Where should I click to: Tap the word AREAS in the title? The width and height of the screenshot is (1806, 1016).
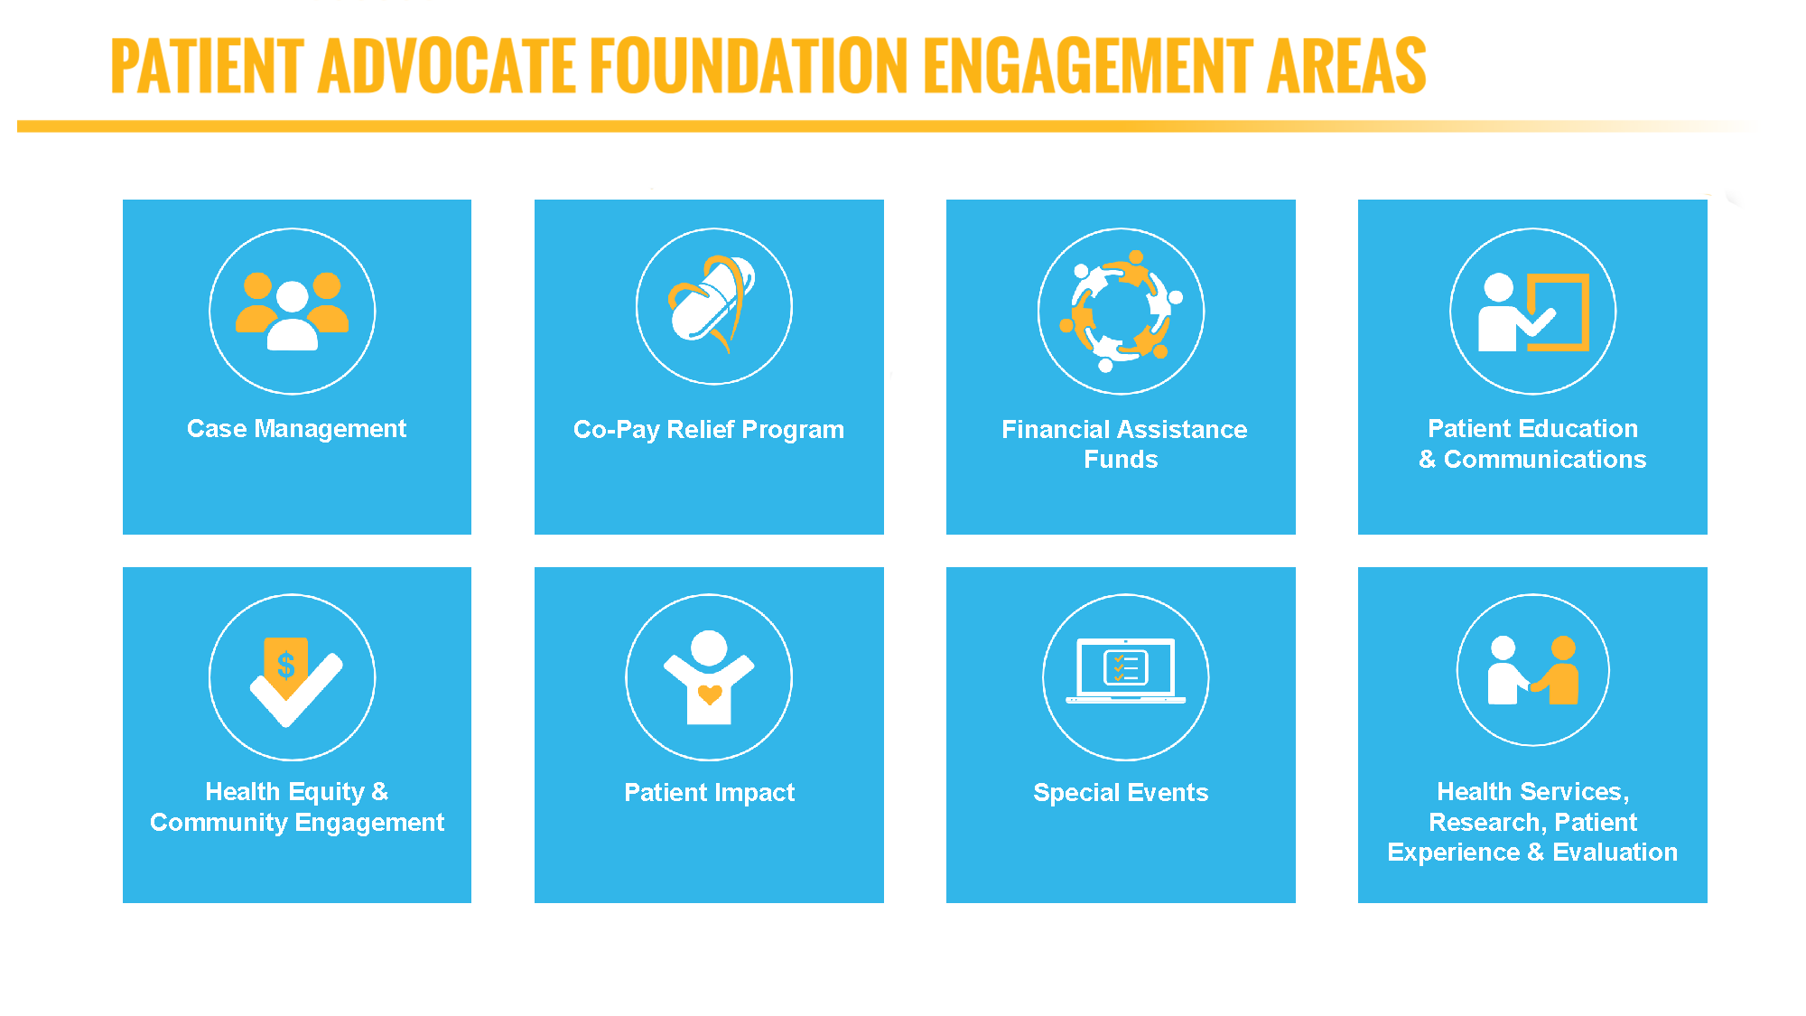(1345, 66)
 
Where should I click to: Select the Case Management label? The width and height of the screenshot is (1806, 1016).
(296, 428)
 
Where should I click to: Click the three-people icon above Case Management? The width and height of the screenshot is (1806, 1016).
(292, 311)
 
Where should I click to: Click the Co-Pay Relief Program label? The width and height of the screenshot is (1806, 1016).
(709, 429)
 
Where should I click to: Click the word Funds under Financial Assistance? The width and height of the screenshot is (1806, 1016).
(1121, 459)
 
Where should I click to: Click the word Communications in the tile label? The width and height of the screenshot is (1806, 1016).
(1545, 459)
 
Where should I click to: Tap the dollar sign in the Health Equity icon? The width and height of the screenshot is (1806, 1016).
(286, 666)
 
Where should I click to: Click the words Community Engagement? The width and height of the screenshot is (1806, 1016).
(297, 822)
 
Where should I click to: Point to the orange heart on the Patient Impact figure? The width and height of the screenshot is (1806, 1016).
(710, 694)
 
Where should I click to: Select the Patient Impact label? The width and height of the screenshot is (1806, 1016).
(709, 792)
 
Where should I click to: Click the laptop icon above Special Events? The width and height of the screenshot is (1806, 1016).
(1126, 670)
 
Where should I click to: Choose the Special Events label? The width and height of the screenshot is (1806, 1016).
(1121, 792)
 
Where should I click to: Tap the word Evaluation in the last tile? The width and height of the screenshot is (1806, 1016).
(1615, 852)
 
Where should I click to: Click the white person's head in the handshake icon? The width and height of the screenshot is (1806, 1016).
(1503, 648)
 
